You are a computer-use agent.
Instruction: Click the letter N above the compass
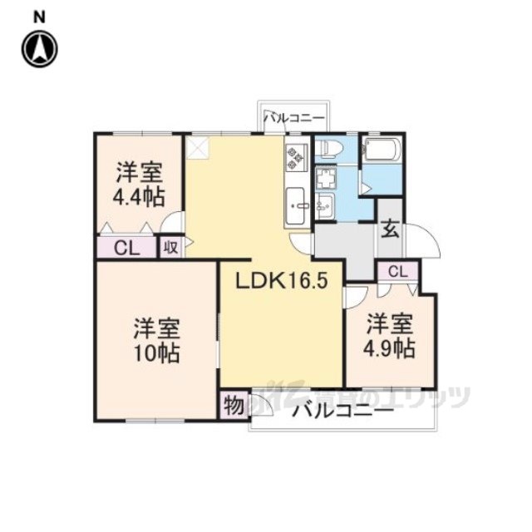(40, 15)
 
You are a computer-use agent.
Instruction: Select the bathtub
(382, 152)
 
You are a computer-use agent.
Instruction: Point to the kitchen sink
(297, 204)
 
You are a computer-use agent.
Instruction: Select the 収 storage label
(170, 247)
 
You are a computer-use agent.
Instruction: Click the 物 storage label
(234, 406)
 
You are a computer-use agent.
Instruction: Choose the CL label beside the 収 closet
(126, 247)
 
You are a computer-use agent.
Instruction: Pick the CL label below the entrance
(397, 271)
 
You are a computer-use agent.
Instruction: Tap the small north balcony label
(294, 118)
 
